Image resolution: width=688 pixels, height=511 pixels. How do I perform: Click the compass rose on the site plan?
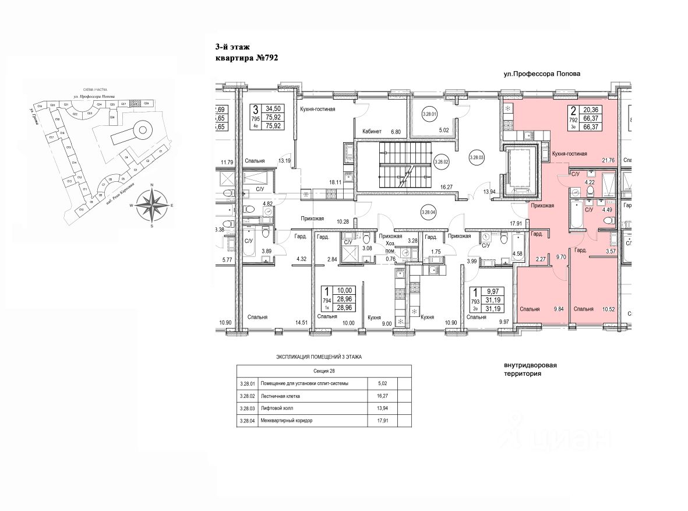pos(151,205)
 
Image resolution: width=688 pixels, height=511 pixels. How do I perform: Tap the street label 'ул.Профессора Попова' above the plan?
pos(543,75)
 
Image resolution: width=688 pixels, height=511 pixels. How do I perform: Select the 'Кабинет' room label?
pos(372,132)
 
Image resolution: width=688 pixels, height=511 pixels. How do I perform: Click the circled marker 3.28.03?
pos(478,156)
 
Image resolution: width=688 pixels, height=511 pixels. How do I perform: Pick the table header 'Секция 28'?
pos(324,371)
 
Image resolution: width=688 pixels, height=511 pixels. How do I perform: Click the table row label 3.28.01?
pos(247,383)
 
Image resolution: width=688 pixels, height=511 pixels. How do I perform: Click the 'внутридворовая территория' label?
pos(530,370)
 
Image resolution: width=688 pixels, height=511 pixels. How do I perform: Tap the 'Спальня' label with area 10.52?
pos(583,309)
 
